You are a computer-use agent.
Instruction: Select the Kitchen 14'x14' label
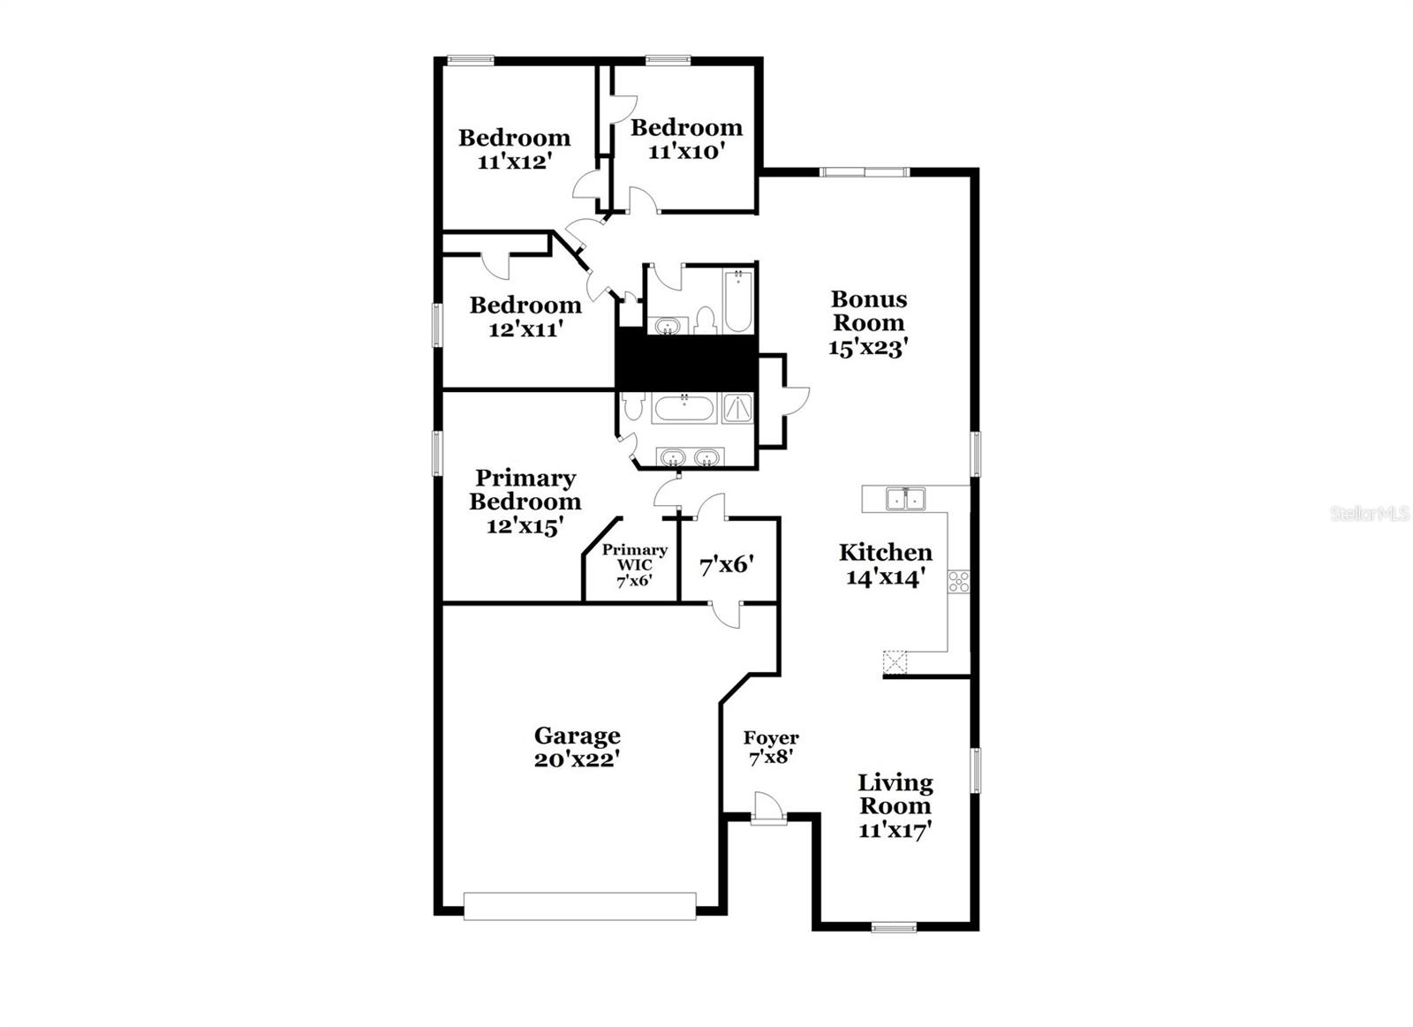pyautogui.click(x=885, y=564)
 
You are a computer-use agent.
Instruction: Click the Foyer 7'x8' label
pyautogui.click(x=771, y=747)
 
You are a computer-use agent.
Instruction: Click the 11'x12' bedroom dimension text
pyautogui.click(x=514, y=162)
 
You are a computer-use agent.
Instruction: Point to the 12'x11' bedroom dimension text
pyautogui.click(x=525, y=329)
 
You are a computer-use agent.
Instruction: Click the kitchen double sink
pyautogui.click(x=904, y=499)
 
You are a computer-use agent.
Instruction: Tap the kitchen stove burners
pyautogui.click(x=958, y=581)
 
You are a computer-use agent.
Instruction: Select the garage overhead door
pyautogui.click(x=579, y=906)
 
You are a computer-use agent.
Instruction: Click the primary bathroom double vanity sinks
pyautogui.click(x=689, y=457)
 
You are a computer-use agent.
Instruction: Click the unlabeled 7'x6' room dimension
pyautogui.click(x=726, y=564)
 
